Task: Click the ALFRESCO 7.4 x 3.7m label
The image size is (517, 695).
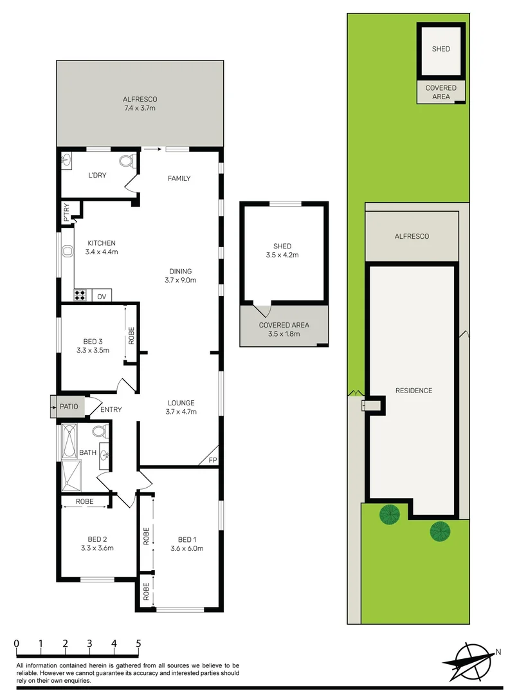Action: click(140, 104)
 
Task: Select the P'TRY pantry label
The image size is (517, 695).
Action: click(67, 212)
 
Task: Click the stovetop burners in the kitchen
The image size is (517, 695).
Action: click(82, 296)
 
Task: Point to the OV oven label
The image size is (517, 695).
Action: click(102, 296)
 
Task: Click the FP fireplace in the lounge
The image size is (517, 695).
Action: click(212, 459)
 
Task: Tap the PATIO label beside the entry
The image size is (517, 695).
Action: click(69, 407)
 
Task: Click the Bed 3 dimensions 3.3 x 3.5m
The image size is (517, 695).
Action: click(93, 351)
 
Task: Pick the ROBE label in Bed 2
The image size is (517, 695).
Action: click(85, 501)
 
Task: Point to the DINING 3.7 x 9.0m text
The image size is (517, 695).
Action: click(181, 275)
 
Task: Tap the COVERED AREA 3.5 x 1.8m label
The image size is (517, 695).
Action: click(284, 329)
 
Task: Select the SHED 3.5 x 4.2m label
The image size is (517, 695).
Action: click(282, 250)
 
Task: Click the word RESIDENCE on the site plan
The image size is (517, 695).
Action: click(413, 391)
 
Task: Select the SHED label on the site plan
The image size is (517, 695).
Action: click(441, 49)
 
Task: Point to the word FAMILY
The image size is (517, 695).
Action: click(179, 178)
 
